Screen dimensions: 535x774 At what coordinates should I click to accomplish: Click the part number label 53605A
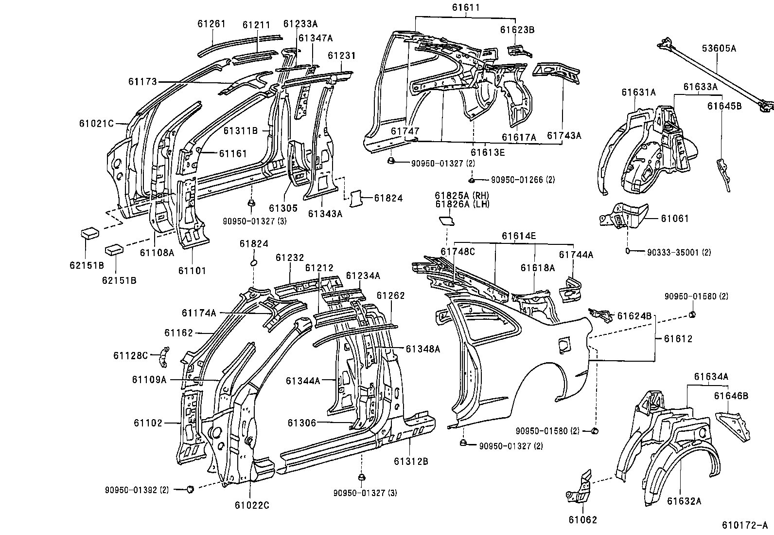719,48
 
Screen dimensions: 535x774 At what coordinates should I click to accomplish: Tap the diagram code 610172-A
743,526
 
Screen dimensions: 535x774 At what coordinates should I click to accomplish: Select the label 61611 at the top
465,7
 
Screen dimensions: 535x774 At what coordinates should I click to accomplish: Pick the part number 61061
674,219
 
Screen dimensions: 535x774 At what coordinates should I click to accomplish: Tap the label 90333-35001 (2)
679,252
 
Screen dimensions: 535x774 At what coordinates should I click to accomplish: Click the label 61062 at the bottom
582,519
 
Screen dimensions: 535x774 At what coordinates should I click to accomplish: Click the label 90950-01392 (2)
137,490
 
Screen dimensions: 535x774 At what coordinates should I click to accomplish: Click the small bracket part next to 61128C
163,358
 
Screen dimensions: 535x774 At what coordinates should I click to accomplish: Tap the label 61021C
96,124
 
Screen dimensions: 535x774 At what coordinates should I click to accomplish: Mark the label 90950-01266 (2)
522,180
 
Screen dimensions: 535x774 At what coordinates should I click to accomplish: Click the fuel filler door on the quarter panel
563,344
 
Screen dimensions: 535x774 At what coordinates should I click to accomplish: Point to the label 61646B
731,396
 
